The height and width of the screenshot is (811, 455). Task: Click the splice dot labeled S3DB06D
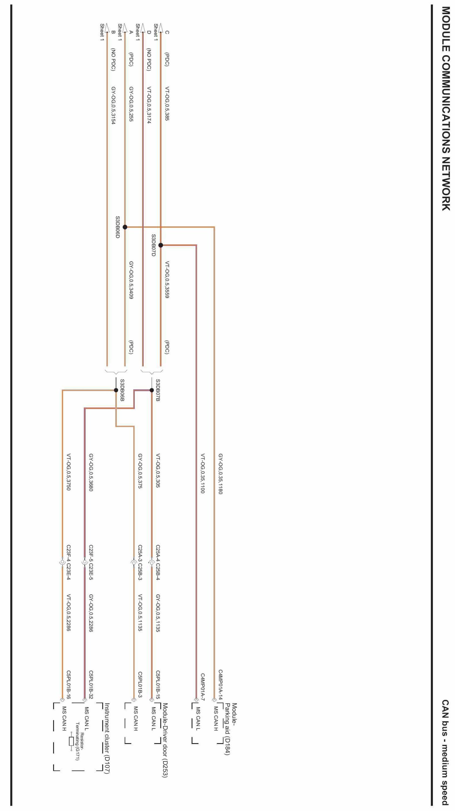click(x=125, y=227)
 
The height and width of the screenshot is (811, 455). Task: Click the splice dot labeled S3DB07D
click(x=161, y=245)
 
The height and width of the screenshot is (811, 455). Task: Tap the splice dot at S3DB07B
click(x=151, y=390)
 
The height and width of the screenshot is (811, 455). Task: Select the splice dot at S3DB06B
click(x=116, y=390)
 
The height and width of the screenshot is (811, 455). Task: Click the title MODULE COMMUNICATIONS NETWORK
click(x=446, y=109)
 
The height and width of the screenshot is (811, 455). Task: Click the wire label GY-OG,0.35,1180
click(x=220, y=474)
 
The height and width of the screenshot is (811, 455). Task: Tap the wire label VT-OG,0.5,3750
click(x=69, y=472)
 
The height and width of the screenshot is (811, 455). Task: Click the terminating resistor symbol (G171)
click(x=71, y=741)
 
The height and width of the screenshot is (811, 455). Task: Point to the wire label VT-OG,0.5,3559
click(x=167, y=279)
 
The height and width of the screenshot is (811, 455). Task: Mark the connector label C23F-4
click(x=69, y=553)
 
